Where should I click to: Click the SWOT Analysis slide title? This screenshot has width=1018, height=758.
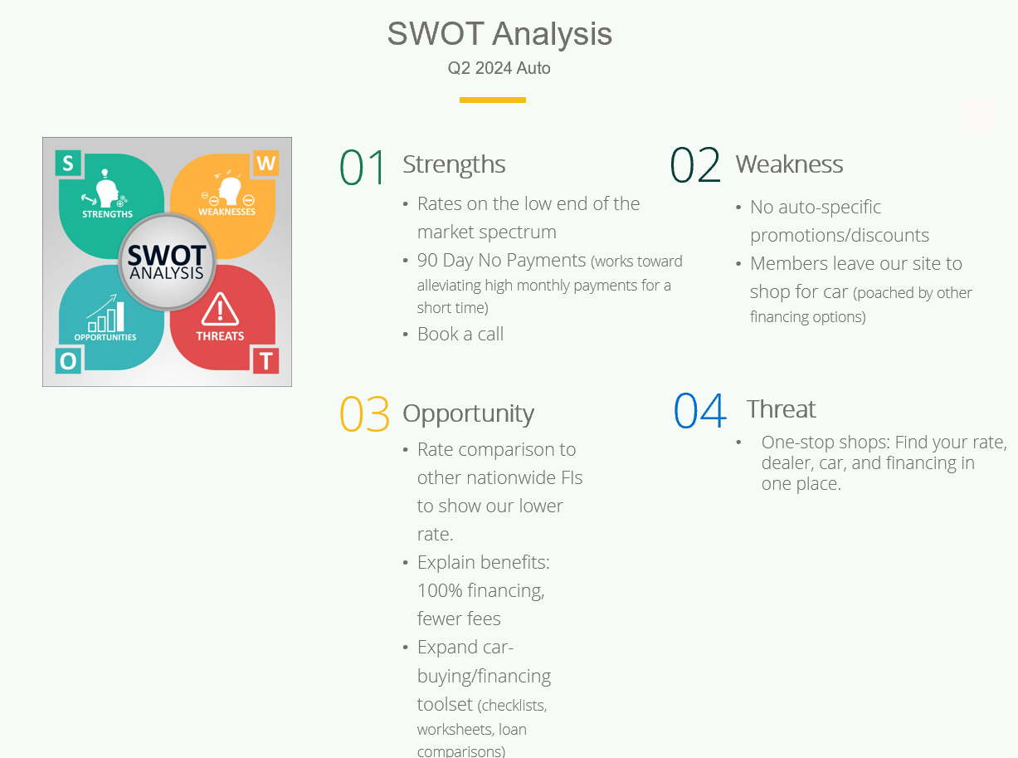499,35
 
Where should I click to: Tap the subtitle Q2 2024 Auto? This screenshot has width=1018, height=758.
499,68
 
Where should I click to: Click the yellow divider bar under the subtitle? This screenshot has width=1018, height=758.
493,100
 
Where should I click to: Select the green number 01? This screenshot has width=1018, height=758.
362,166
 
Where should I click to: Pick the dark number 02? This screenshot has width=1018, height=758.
695,164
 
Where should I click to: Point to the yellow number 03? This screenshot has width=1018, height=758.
364,414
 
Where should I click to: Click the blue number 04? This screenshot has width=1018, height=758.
700,410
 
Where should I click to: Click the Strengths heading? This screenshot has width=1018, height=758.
454,164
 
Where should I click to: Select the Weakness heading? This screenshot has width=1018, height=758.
790,164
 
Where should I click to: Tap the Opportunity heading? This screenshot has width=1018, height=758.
468,414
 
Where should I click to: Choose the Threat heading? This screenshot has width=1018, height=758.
782,408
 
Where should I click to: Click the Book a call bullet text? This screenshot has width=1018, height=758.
460,334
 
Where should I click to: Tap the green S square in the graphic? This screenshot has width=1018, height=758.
68,163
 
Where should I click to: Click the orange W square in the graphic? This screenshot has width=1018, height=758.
265,163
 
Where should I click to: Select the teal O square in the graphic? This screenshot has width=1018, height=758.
68,361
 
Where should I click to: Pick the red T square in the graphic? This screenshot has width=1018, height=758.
265,361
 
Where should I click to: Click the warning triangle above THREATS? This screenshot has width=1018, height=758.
221,310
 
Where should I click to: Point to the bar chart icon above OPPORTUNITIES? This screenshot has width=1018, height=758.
105,313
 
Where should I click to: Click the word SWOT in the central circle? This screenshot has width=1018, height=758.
167,255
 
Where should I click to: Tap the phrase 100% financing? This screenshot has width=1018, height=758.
481,590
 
